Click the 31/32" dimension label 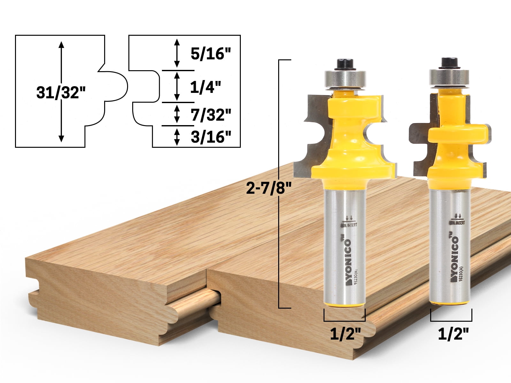(61, 93)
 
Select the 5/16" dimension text (210, 54)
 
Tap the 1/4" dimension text (205, 87)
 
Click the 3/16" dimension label (211, 137)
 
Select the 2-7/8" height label (269, 188)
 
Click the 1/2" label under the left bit (345, 334)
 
